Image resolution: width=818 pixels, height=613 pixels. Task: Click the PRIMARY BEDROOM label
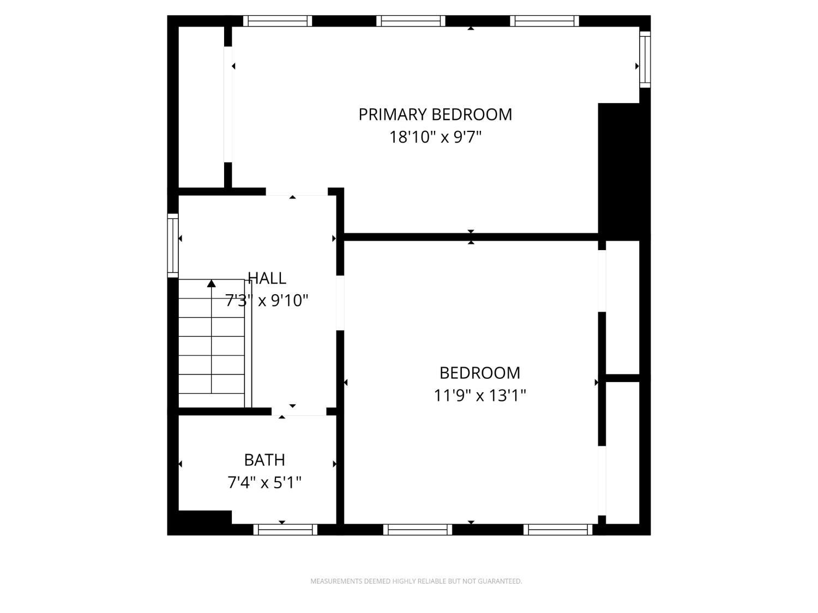click(435, 114)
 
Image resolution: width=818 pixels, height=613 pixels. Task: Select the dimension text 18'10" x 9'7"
click(435, 137)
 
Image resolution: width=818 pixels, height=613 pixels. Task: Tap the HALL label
click(267, 278)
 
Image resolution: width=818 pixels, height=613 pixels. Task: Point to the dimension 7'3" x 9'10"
click(267, 300)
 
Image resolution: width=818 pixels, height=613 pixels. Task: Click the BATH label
click(264, 460)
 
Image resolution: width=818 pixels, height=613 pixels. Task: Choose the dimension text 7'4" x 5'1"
click(264, 483)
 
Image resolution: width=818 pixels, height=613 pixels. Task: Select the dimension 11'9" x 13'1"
click(480, 395)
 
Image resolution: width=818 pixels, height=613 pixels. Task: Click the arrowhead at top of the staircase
click(211, 283)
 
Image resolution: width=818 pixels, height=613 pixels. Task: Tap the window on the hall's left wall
click(173, 245)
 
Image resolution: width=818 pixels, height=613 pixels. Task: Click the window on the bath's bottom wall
click(285, 530)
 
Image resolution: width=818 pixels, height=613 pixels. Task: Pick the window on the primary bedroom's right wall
click(645, 59)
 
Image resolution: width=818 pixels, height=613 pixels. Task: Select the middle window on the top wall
click(411, 21)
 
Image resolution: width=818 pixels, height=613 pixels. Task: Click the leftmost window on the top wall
click(278, 21)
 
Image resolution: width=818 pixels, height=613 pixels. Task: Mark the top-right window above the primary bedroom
click(544, 21)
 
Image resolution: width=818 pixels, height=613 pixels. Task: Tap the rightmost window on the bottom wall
click(558, 530)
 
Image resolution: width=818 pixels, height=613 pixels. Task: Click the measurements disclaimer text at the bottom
click(416, 581)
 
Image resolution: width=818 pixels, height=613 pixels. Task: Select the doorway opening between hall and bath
click(299, 411)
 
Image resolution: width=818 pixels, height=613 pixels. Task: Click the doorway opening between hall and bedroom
click(340, 303)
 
